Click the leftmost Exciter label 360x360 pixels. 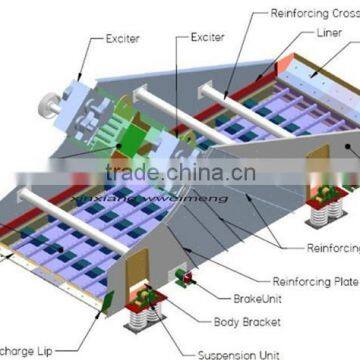[123, 39]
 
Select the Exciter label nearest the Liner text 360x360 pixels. [209, 39]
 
